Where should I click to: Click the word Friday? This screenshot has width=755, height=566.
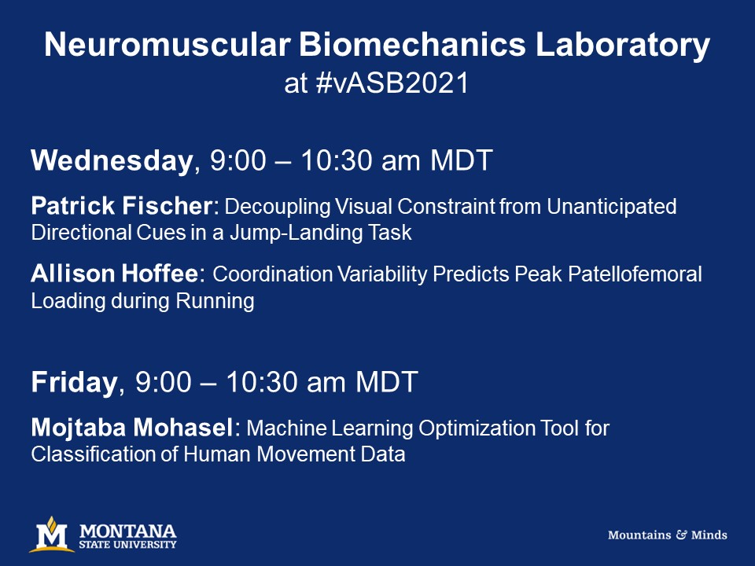click(74, 383)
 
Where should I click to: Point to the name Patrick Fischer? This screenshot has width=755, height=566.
click(122, 207)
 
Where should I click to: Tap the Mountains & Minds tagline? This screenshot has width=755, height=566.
click(667, 535)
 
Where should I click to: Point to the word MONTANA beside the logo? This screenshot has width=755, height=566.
click(128, 530)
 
